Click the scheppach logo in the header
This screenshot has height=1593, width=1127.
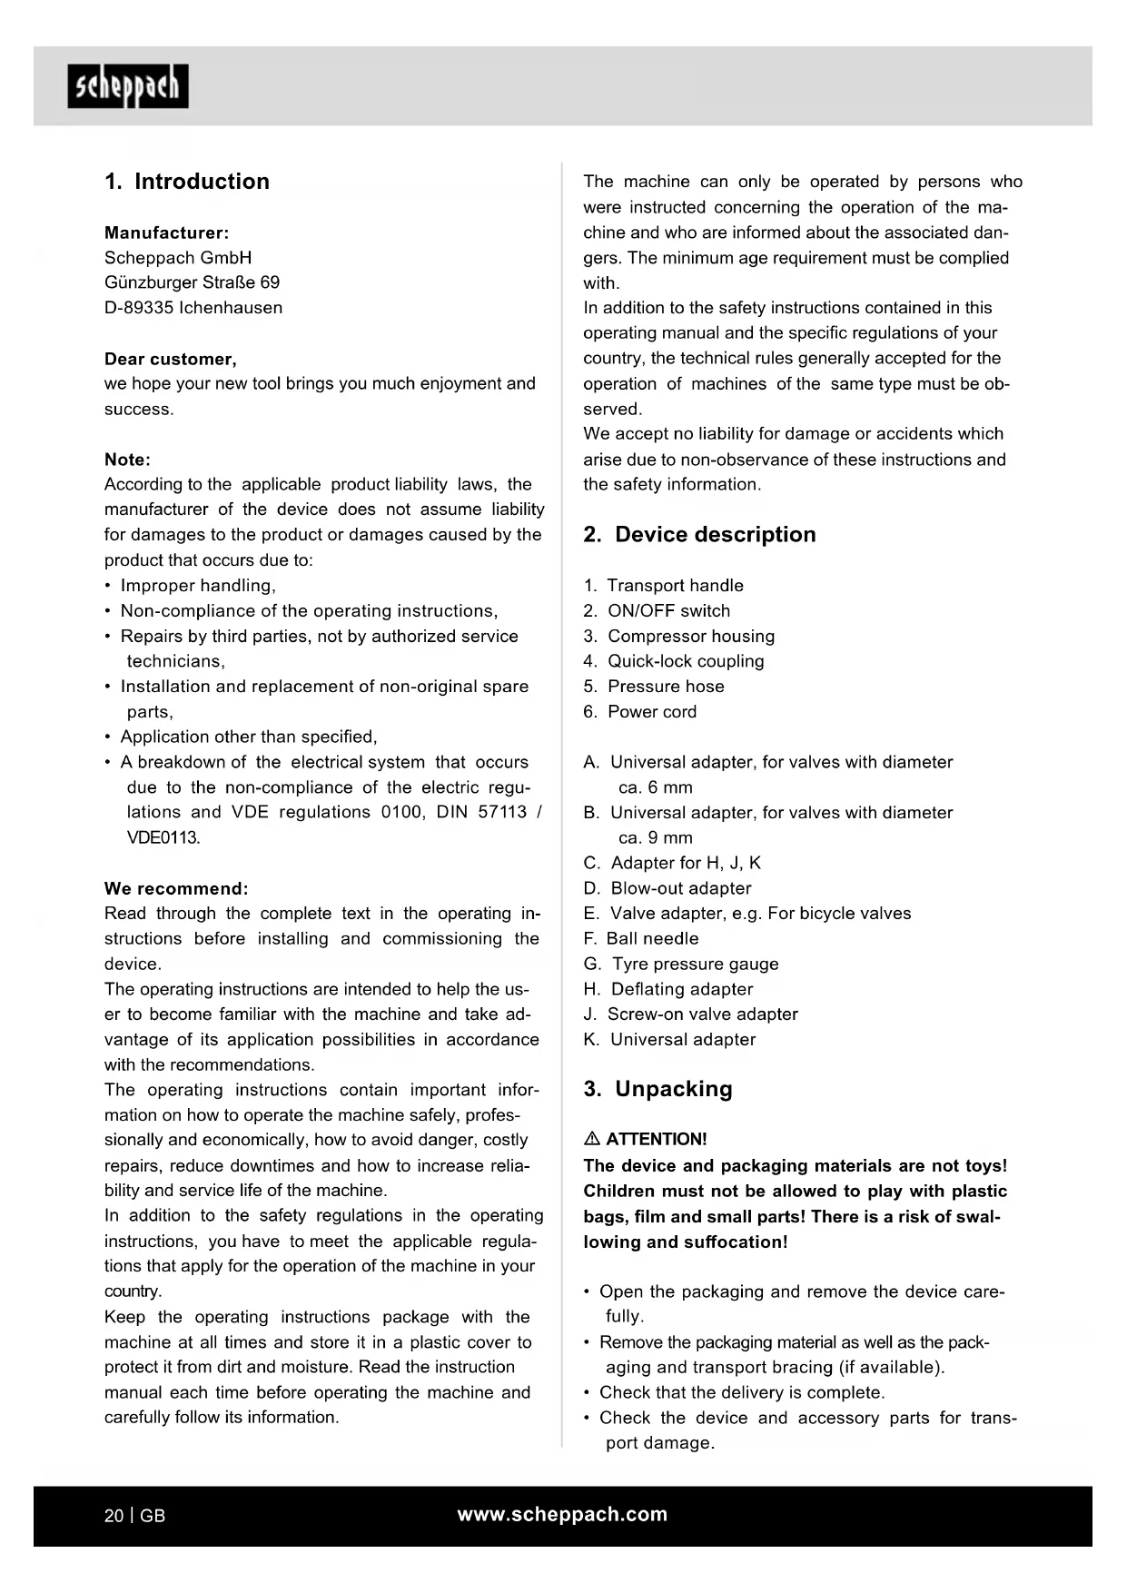pyautogui.click(x=128, y=86)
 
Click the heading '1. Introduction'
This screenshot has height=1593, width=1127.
pyautogui.click(x=187, y=182)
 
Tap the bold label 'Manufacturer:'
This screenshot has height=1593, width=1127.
pyautogui.click(x=166, y=233)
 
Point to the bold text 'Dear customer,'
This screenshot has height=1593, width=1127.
pyautogui.click(x=171, y=359)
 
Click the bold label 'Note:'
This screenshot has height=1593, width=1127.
pyautogui.click(x=127, y=460)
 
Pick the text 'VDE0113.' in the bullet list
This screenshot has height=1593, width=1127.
pyautogui.click(x=163, y=837)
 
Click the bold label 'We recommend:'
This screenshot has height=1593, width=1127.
pyautogui.click(x=176, y=888)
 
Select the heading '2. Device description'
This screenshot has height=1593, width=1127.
pyautogui.click(x=699, y=534)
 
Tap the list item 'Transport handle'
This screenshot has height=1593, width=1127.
pyautogui.click(x=675, y=586)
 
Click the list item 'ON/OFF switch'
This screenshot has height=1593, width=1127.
pyautogui.click(x=668, y=611)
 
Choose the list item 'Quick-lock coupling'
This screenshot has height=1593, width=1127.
pyautogui.click(x=686, y=661)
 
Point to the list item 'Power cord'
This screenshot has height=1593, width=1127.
pyautogui.click(x=652, y=712)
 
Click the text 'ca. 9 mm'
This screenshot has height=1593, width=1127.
pyautogui.click(x=656, y=837)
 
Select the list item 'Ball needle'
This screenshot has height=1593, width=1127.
pyautogui.click(x=652, y=938)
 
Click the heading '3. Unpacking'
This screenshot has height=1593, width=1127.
pyautogui.click(x=657, y=1089)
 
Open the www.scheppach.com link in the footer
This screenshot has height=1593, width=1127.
pyautogui.click(x=562, y=1514)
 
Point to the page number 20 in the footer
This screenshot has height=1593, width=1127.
pyautogui.click(x=114, y=1516)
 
